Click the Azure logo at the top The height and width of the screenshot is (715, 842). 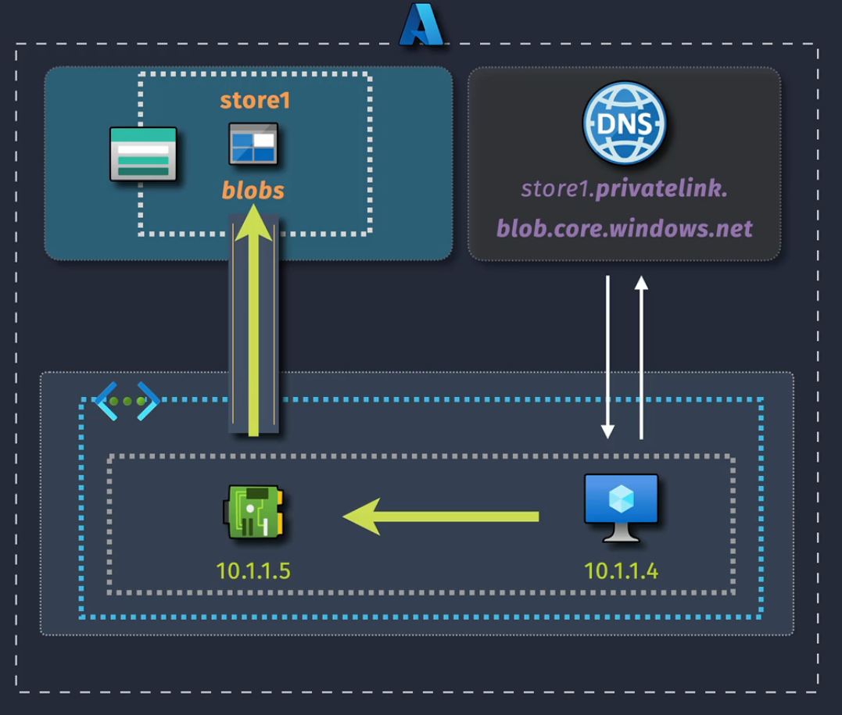coord(421,25)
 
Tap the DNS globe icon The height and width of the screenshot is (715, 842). coord(624,123)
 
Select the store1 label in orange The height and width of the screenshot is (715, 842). coord(255,101)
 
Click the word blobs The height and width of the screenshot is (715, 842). coord(253,190)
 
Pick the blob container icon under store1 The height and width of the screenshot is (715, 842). coord(253,144)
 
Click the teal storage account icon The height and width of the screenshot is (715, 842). coord(143,155)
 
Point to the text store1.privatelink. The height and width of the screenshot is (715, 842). coord(624,188)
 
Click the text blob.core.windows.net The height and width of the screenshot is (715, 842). coord(624,228)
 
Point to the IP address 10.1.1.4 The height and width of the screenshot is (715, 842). coord(622,571)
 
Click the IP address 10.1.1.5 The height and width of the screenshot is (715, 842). coord(253,571)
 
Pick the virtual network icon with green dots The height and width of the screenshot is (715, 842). coord(127,402)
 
